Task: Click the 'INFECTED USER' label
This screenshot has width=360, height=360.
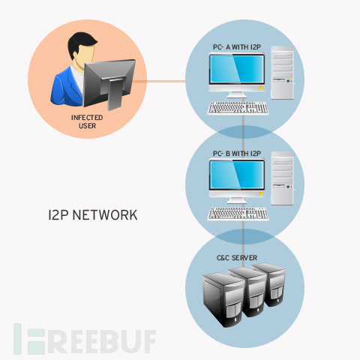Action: pyautogui.click(x=87, y=121)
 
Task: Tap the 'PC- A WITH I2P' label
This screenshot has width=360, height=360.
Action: pyautogui.click(x=237, y=47)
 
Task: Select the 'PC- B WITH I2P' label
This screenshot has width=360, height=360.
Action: pyautogui.click(x=237, y=153)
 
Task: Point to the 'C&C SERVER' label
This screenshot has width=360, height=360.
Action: pyautogui.click(x=237, y=258)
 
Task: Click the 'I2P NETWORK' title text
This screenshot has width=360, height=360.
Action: pyautogui.click(x=93, y=215)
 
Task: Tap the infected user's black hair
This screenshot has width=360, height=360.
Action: pyautogui.click(x=81, y=43)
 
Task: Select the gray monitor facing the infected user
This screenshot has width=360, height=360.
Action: pyautogui.click(x=109, y=84)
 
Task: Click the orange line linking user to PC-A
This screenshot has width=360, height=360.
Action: pyautogui.click(x=159, y=81)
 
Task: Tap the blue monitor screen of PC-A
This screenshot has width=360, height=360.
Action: pyautogui.click(x=237, y=69)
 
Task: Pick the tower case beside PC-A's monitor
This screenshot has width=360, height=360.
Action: pyautogui.click(x=283, y=73)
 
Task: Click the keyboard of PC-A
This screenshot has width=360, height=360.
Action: pyautogui.click(x=238, y=108)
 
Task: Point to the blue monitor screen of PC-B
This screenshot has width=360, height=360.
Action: pyautogui.click(x=237, y=175)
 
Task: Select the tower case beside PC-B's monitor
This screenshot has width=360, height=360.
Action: pyautogui.click(x=283, y=178)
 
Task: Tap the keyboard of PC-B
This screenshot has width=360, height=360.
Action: pyautogui.click(x=238, y=214)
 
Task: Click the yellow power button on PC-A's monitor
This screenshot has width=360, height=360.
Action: pyautogui.click(x=261, y=88)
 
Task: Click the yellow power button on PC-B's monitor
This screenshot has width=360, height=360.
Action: pyautogui.click(x=261, y=193)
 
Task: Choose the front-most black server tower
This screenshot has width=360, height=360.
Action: pyautogui.click(x=223, y=300)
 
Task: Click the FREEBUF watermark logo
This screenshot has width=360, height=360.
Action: pyautogui.click(x=85, y=339)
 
